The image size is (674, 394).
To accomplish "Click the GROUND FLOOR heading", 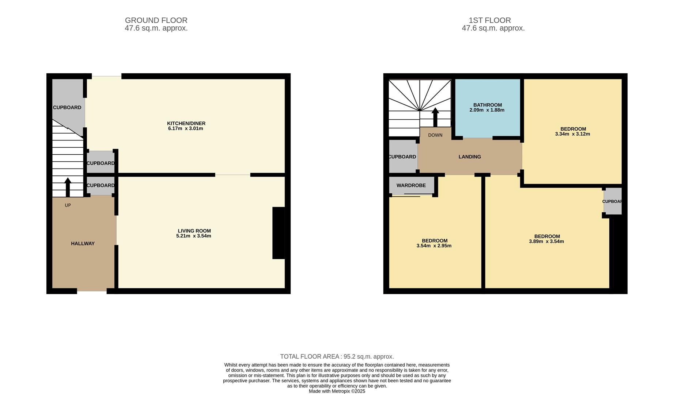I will [156, 20].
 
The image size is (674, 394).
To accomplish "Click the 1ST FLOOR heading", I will [489, 20].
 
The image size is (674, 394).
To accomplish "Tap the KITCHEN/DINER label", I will [186, 123].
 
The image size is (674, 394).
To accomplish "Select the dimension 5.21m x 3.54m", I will [193, 236].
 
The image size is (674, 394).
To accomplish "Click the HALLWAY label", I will [83, 243].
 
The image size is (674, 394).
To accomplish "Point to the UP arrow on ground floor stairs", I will [68, 187].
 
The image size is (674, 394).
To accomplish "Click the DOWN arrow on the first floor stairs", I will [435, 117].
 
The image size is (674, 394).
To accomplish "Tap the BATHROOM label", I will [487, 105].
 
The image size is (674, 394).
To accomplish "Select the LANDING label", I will [469, 157].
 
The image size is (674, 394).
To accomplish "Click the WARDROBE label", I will [411, 185].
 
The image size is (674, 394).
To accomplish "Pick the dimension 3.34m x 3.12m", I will [572, 134].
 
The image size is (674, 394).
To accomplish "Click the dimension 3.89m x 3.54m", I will [546, 241].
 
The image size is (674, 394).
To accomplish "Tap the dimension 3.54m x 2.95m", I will [434, 246].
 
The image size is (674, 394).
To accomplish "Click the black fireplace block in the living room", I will [278, 233].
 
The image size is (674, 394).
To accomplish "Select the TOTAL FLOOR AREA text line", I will [337, 356].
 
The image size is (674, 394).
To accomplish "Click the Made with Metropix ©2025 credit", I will [337, 391].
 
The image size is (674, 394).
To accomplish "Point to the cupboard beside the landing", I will [402, 157].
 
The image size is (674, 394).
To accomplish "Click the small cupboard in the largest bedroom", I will [612, 201].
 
